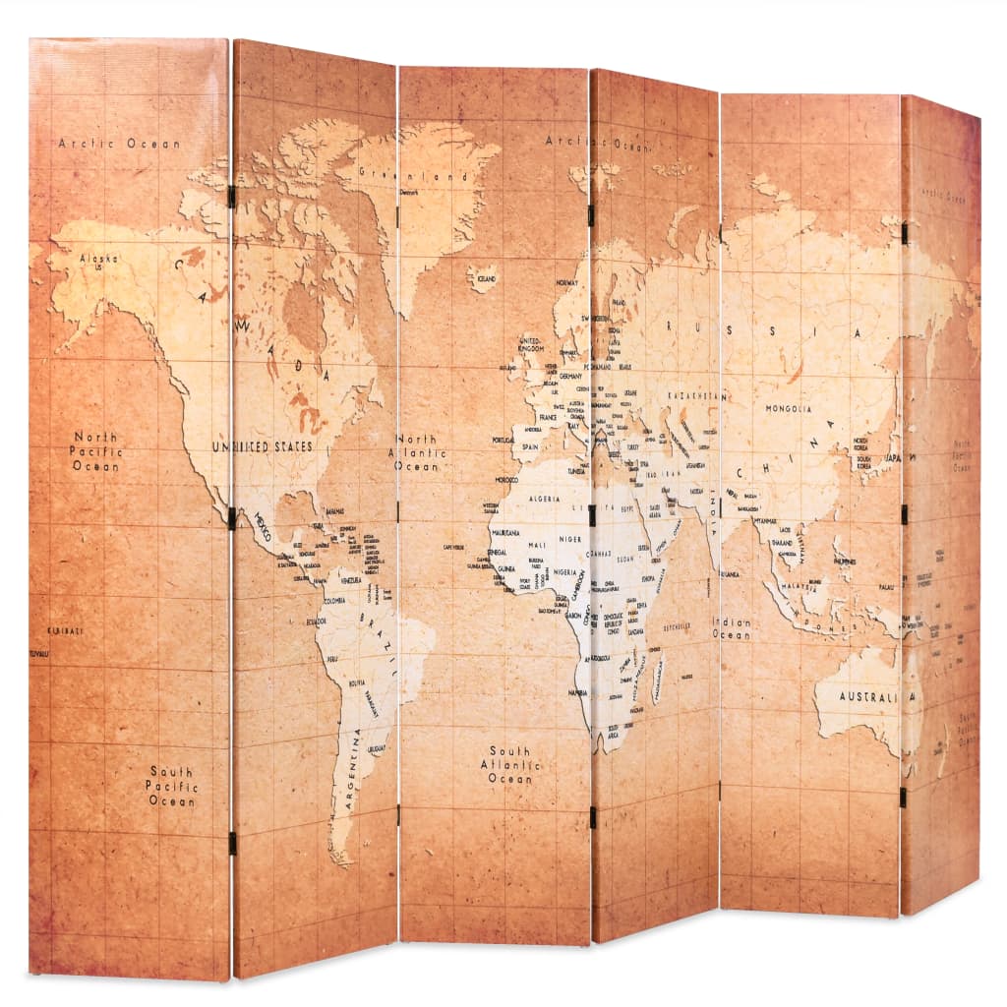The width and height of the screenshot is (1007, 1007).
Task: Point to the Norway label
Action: (566, 282)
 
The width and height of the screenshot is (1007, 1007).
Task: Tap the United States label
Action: (264, 446)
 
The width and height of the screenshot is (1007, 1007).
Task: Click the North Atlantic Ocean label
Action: (417, 452)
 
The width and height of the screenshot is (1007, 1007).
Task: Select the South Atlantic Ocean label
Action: (509, 765)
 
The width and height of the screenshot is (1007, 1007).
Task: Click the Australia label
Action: (869, 697)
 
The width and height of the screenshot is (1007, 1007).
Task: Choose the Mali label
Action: (536, 543)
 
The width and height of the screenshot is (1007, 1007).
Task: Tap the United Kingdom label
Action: (531, 343)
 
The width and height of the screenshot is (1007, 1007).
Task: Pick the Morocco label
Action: (506, 479)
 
